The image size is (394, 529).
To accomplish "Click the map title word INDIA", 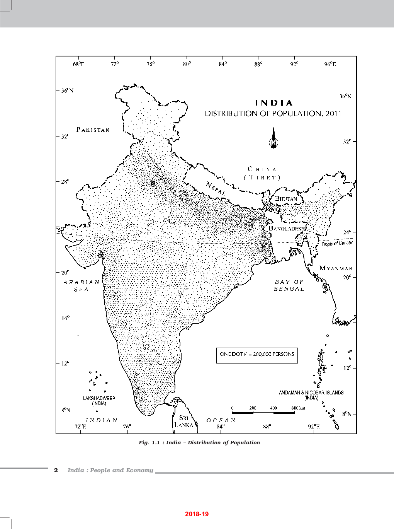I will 274,103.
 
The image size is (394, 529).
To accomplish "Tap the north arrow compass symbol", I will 273,138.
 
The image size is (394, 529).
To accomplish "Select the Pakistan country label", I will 93,130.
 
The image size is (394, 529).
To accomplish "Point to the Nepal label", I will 216,188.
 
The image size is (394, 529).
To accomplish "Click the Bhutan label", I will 286,199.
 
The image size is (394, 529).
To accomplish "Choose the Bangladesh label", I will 286,229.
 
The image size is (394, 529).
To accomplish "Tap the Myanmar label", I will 336,268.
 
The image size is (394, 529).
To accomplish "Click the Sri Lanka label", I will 184,421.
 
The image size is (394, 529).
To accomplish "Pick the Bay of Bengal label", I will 289,285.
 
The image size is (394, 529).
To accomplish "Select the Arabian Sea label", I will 82,286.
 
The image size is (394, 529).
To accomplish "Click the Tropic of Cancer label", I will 337,243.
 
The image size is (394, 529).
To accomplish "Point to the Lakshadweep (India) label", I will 99,401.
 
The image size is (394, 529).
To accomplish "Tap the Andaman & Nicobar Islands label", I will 311,395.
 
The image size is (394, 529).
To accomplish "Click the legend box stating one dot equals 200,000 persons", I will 257,354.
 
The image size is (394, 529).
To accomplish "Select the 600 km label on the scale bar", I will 298,408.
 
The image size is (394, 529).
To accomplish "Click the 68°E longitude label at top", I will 78,64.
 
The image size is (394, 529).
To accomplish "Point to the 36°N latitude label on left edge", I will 67,90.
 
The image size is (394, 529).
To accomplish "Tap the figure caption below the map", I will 199,442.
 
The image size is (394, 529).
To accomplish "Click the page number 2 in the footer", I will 56,470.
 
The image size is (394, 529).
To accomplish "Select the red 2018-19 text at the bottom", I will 197,514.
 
